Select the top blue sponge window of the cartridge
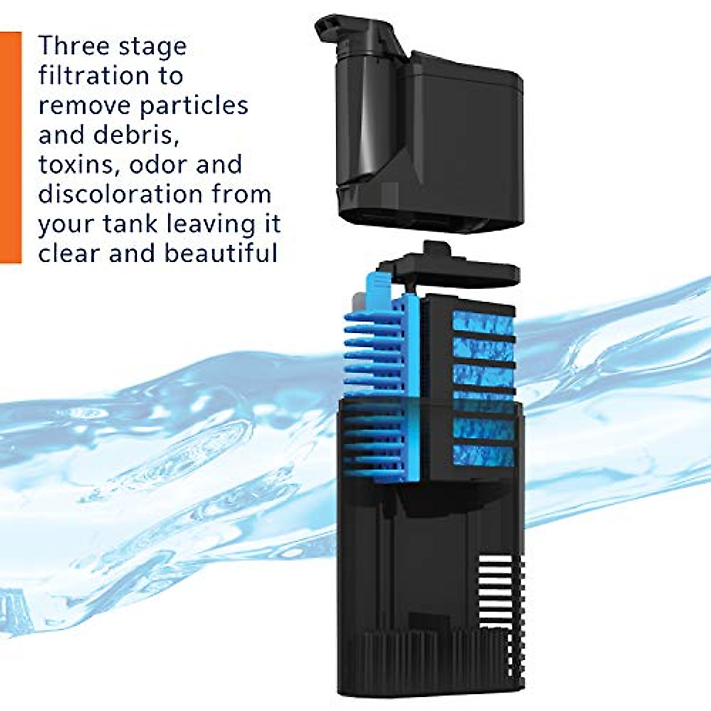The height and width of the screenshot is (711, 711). pyautogui.click(x=482, y=324)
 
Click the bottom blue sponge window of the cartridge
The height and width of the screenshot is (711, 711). pyautogui.click(x=482, y=455)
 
